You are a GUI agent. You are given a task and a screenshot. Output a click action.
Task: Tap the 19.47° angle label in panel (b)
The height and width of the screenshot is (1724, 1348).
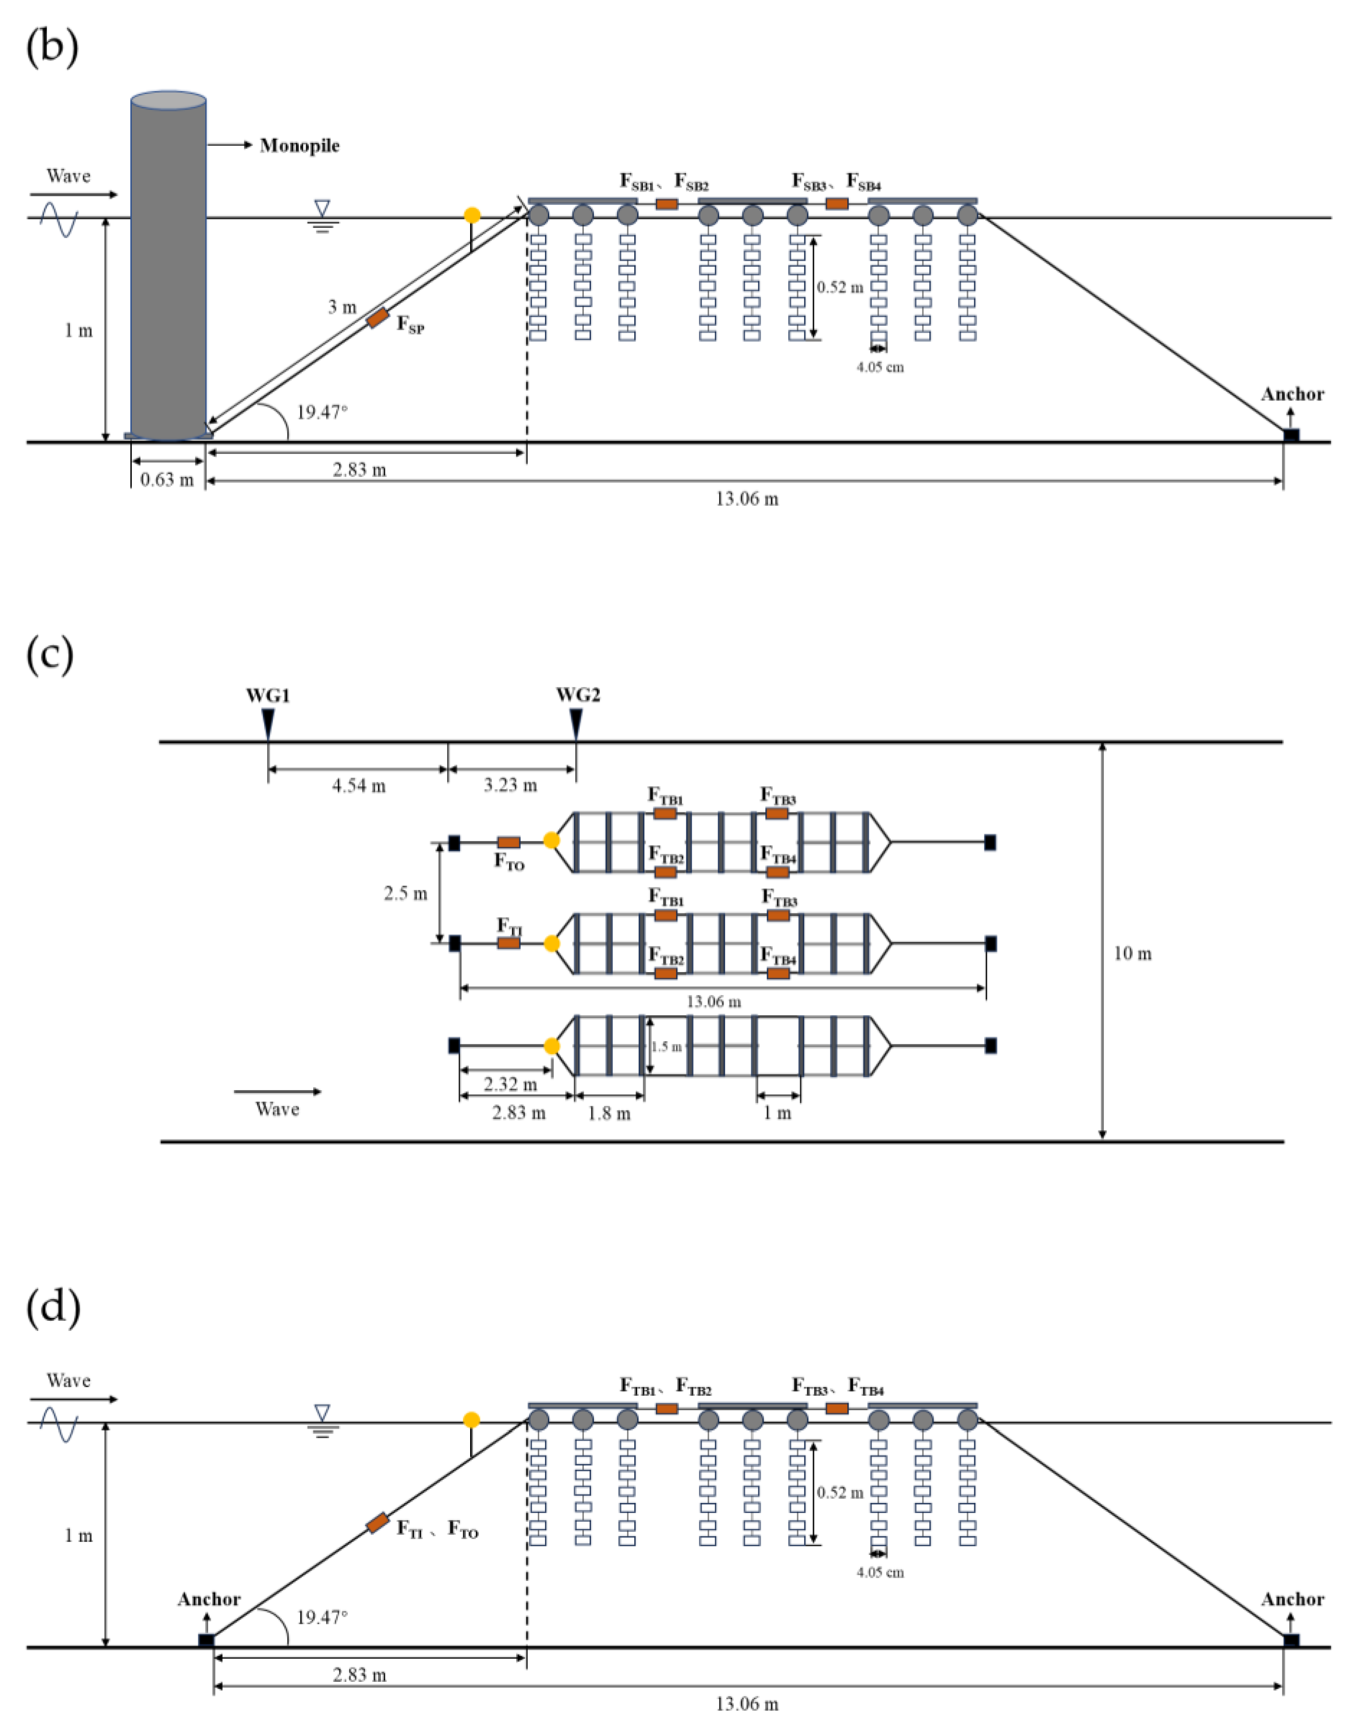pyautogui.click(x=321, y=412)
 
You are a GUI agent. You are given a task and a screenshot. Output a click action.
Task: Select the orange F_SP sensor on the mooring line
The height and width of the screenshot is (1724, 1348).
pyautogui.click(x=378, y=318)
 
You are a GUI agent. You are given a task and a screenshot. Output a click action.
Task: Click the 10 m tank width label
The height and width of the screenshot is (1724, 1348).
pyautogui.click(x=1133, y=954)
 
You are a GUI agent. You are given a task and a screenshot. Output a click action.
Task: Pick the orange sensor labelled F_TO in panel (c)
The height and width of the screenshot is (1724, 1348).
pyautogui.click(x=508, y=842)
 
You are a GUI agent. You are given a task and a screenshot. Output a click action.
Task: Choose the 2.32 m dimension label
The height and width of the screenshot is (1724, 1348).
pyautogui.click(x=510, y=1084)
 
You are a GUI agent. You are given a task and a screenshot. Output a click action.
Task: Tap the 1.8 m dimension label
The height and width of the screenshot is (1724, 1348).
pyautogui.click(x=609, y=1114)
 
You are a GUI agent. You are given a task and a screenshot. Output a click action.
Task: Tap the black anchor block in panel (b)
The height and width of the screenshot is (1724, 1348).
pyautogui.click(x=1290, y=435)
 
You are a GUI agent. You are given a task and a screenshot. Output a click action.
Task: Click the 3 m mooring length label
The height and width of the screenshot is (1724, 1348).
pyautogui.click(x=342, y=307)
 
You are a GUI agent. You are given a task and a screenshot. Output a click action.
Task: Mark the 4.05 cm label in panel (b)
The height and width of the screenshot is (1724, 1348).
pyautogui.click(x=880, y=367)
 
